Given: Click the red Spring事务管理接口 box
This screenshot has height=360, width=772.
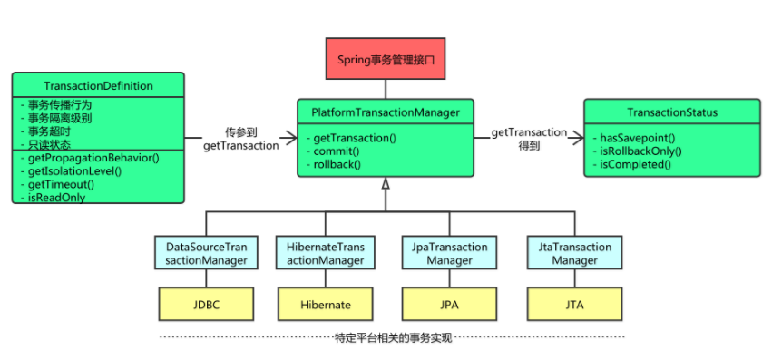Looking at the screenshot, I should pyautogui.click(x=386, y=59).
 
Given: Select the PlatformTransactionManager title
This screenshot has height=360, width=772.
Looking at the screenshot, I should pyautogui.click(x=386, y=112).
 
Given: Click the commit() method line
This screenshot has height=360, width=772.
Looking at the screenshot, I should pyautogui.click(x=336, y=151).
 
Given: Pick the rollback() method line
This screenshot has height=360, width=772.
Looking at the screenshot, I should pyautogui.click(x=337, y=164).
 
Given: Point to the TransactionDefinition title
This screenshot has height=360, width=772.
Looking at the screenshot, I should pyautogui.click(x=98, y=86).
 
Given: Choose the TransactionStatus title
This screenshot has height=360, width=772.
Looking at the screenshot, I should pyautogui.click(x=672, y=112).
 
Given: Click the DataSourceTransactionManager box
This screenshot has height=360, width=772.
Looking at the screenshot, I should pyautogui.click(x=206, y=254).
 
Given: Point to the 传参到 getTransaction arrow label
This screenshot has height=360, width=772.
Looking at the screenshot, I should pyautogui.click(x=241, y=138).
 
